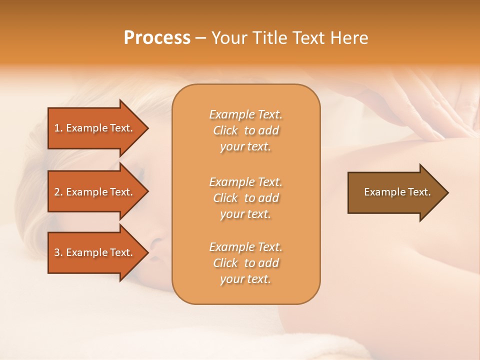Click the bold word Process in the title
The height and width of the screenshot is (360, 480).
(x=157, y=38)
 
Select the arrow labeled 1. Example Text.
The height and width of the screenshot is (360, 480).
(x=95, y=128)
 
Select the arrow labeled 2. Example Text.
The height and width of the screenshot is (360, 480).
(x=95, y=192)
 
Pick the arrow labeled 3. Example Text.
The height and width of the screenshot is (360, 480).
(x=95, y=252)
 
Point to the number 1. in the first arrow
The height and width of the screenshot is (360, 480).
(x=58, y=128)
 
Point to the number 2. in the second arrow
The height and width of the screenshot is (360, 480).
(x=58, y=192)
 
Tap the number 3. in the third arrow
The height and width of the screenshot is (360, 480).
(x=58, y=252)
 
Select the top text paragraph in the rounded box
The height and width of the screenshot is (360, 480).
(x=245, y=130)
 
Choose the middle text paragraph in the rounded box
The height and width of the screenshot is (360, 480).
(x=245, y=198)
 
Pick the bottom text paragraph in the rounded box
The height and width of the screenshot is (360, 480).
(x=245, y=263)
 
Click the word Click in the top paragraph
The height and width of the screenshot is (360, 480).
(x=225, y=131)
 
